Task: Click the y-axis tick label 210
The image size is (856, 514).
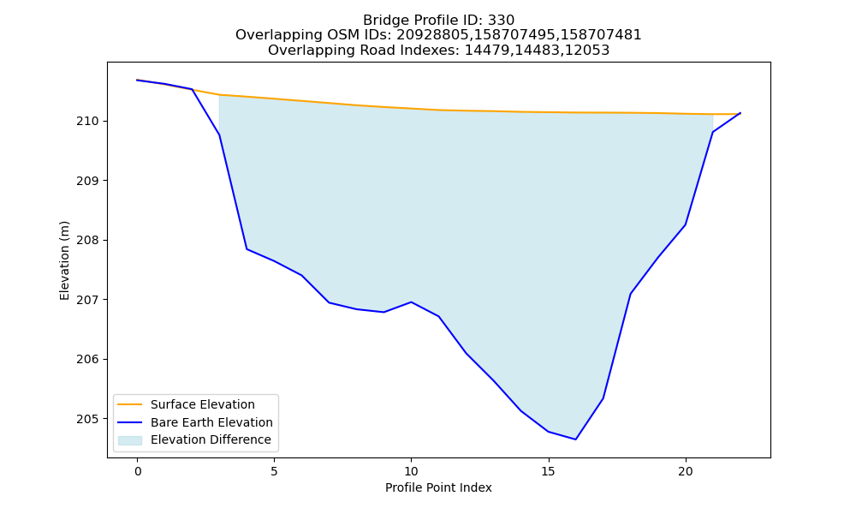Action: click(87, 122)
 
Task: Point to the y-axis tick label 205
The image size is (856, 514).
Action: click(87, 419)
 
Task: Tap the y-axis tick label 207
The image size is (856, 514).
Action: click(87, 300)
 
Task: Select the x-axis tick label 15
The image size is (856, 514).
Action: click(548, 471)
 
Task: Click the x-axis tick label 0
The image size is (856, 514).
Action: click(138, 471)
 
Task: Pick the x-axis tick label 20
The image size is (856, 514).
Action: click(685, 471)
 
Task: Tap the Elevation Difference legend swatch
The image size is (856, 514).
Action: click(130, 440)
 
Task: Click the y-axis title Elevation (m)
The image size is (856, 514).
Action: click(64, 260)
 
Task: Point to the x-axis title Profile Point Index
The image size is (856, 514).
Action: click(438, 487)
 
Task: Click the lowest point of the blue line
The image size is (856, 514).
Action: click(575, 439)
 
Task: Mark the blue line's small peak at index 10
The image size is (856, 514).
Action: click(411, 302)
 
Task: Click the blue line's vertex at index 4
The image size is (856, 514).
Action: click(247, 249)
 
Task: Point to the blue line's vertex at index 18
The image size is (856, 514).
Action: click(631, 294)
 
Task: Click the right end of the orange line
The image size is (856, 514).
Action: click(740, 114)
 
